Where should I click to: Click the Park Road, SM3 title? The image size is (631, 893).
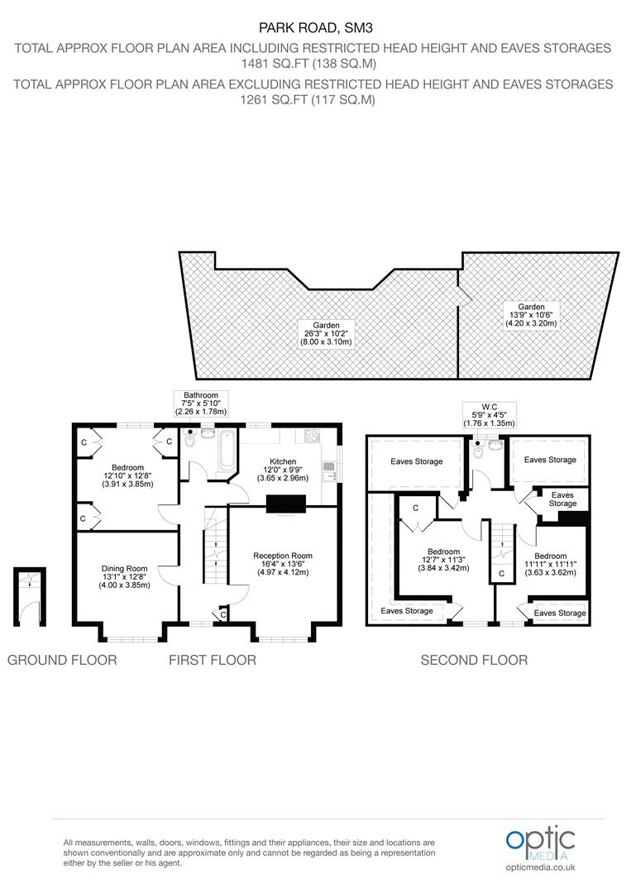pos(316,27)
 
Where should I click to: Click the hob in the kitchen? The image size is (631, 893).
pos(313,436)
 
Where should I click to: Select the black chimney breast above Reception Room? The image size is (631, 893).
pos(286,504)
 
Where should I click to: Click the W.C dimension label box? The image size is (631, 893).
pos(490,415)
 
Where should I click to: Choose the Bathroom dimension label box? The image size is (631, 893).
pos(200,404)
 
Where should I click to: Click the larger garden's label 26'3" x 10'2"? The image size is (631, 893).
pos(327,334)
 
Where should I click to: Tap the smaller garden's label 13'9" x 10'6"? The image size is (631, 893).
pos(531,315)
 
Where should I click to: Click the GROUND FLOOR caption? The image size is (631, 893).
pos(62,660)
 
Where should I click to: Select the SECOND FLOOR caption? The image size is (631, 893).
pos(474,660)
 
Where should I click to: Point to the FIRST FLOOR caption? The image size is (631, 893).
pos(213,660)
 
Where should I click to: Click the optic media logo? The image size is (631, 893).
pos(541,844)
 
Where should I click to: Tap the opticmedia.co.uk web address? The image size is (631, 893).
pos(541,867)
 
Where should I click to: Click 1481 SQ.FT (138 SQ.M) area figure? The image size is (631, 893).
pos(308,63)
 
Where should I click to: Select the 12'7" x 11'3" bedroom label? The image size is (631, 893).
pos(443,560)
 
